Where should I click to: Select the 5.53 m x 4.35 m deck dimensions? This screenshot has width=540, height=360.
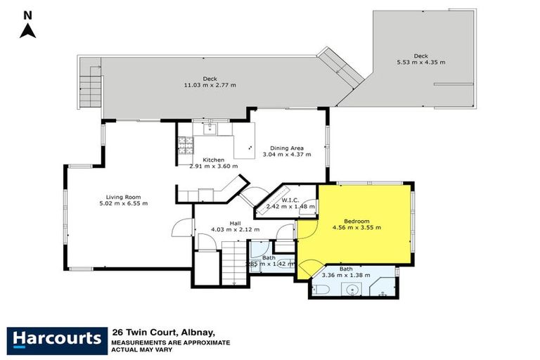(420, 63)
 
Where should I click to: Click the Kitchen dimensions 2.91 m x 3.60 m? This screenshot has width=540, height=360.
(214, 167)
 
